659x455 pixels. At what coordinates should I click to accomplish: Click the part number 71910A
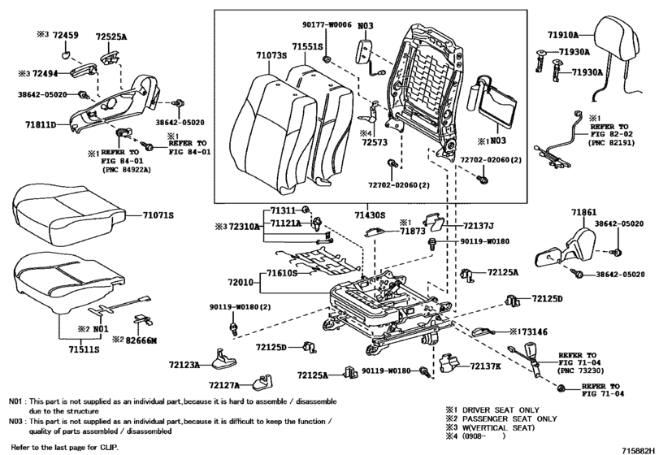tap(563, 35)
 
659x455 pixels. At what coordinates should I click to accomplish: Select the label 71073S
tap(271, 55)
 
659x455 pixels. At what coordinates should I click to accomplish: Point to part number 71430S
tap(370, 215)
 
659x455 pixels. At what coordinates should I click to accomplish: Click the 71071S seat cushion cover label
tap(158, 215)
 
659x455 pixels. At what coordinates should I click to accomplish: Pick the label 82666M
tap(140, 340)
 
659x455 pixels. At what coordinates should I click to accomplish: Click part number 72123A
tap(184, 365)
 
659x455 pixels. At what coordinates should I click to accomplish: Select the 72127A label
tap(224, 385)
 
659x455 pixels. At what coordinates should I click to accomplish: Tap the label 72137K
tap(485, 366)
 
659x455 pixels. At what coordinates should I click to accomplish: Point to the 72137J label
tap(479, 227)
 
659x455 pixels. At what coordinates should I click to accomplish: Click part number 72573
tap(375, 142)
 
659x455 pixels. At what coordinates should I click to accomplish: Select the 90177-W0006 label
tap(327, 25)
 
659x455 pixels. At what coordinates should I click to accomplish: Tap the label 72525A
tap(111, 37)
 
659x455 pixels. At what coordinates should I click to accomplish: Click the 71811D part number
tap(41, 125)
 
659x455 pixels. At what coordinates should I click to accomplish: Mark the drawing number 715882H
tap(639, 450)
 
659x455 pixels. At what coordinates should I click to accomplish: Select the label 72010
tap(241, 282)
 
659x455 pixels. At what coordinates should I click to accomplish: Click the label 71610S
tap(282, 274)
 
